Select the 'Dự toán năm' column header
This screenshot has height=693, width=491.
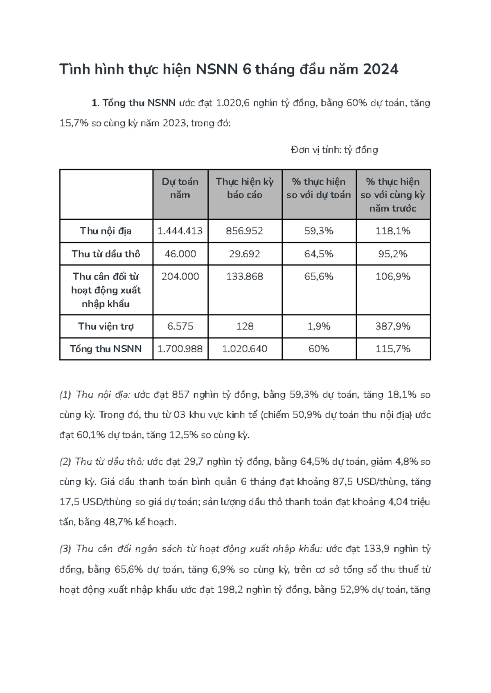180,188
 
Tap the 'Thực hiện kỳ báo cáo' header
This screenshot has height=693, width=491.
245,188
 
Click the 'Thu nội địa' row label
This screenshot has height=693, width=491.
106,231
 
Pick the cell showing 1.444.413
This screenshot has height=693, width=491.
180,231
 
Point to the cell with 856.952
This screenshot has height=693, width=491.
245,231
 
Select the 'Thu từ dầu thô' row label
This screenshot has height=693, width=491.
106,254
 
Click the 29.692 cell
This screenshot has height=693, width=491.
245,254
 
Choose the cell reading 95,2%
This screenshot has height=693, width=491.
393,254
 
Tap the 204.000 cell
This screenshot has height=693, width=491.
180,277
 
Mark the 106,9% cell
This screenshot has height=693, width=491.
393,277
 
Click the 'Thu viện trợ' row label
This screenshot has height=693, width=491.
106,326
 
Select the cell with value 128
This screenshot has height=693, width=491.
245,326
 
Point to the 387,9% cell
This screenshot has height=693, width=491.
393,326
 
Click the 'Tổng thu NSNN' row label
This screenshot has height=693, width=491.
106,349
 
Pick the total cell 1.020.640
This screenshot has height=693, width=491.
245,349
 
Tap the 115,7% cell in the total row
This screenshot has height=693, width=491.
393,349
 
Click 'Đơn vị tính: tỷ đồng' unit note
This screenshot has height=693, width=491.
334,150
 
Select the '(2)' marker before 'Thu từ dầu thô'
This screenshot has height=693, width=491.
65,462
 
